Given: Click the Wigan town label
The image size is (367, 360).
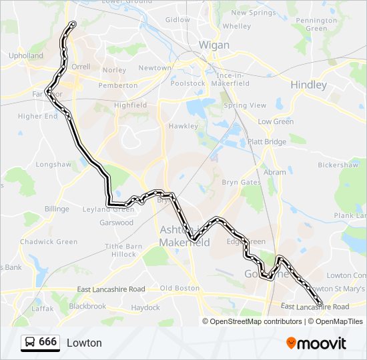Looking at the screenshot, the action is tap(214, 45).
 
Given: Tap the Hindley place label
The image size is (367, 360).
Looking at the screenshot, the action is tap(308, 85).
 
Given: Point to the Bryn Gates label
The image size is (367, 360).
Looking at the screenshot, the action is tap(241, 182).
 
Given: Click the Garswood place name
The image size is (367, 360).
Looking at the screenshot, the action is tap(116, 223).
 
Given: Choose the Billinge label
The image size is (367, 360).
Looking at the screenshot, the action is tap(57, 209).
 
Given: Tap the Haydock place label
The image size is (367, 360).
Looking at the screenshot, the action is tap(145, 307).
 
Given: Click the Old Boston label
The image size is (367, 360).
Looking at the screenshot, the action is tap(179, 288).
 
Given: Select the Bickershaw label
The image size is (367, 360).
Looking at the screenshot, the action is tap(337, 164).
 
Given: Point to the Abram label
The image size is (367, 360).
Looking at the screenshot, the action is tap(274, 172).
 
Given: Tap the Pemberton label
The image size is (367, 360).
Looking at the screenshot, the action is tap(117, 85).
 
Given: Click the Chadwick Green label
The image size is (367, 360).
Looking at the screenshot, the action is tap(49, 242).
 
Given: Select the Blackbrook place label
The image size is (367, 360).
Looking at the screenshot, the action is tap(87, 307).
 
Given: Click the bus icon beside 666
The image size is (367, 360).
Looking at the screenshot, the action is tap(30, 343).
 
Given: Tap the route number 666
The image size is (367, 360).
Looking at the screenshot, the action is tap(47, 342).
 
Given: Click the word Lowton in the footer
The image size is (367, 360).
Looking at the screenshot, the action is tap(84, 343).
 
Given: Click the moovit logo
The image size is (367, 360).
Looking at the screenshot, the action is tap(316, 343).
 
